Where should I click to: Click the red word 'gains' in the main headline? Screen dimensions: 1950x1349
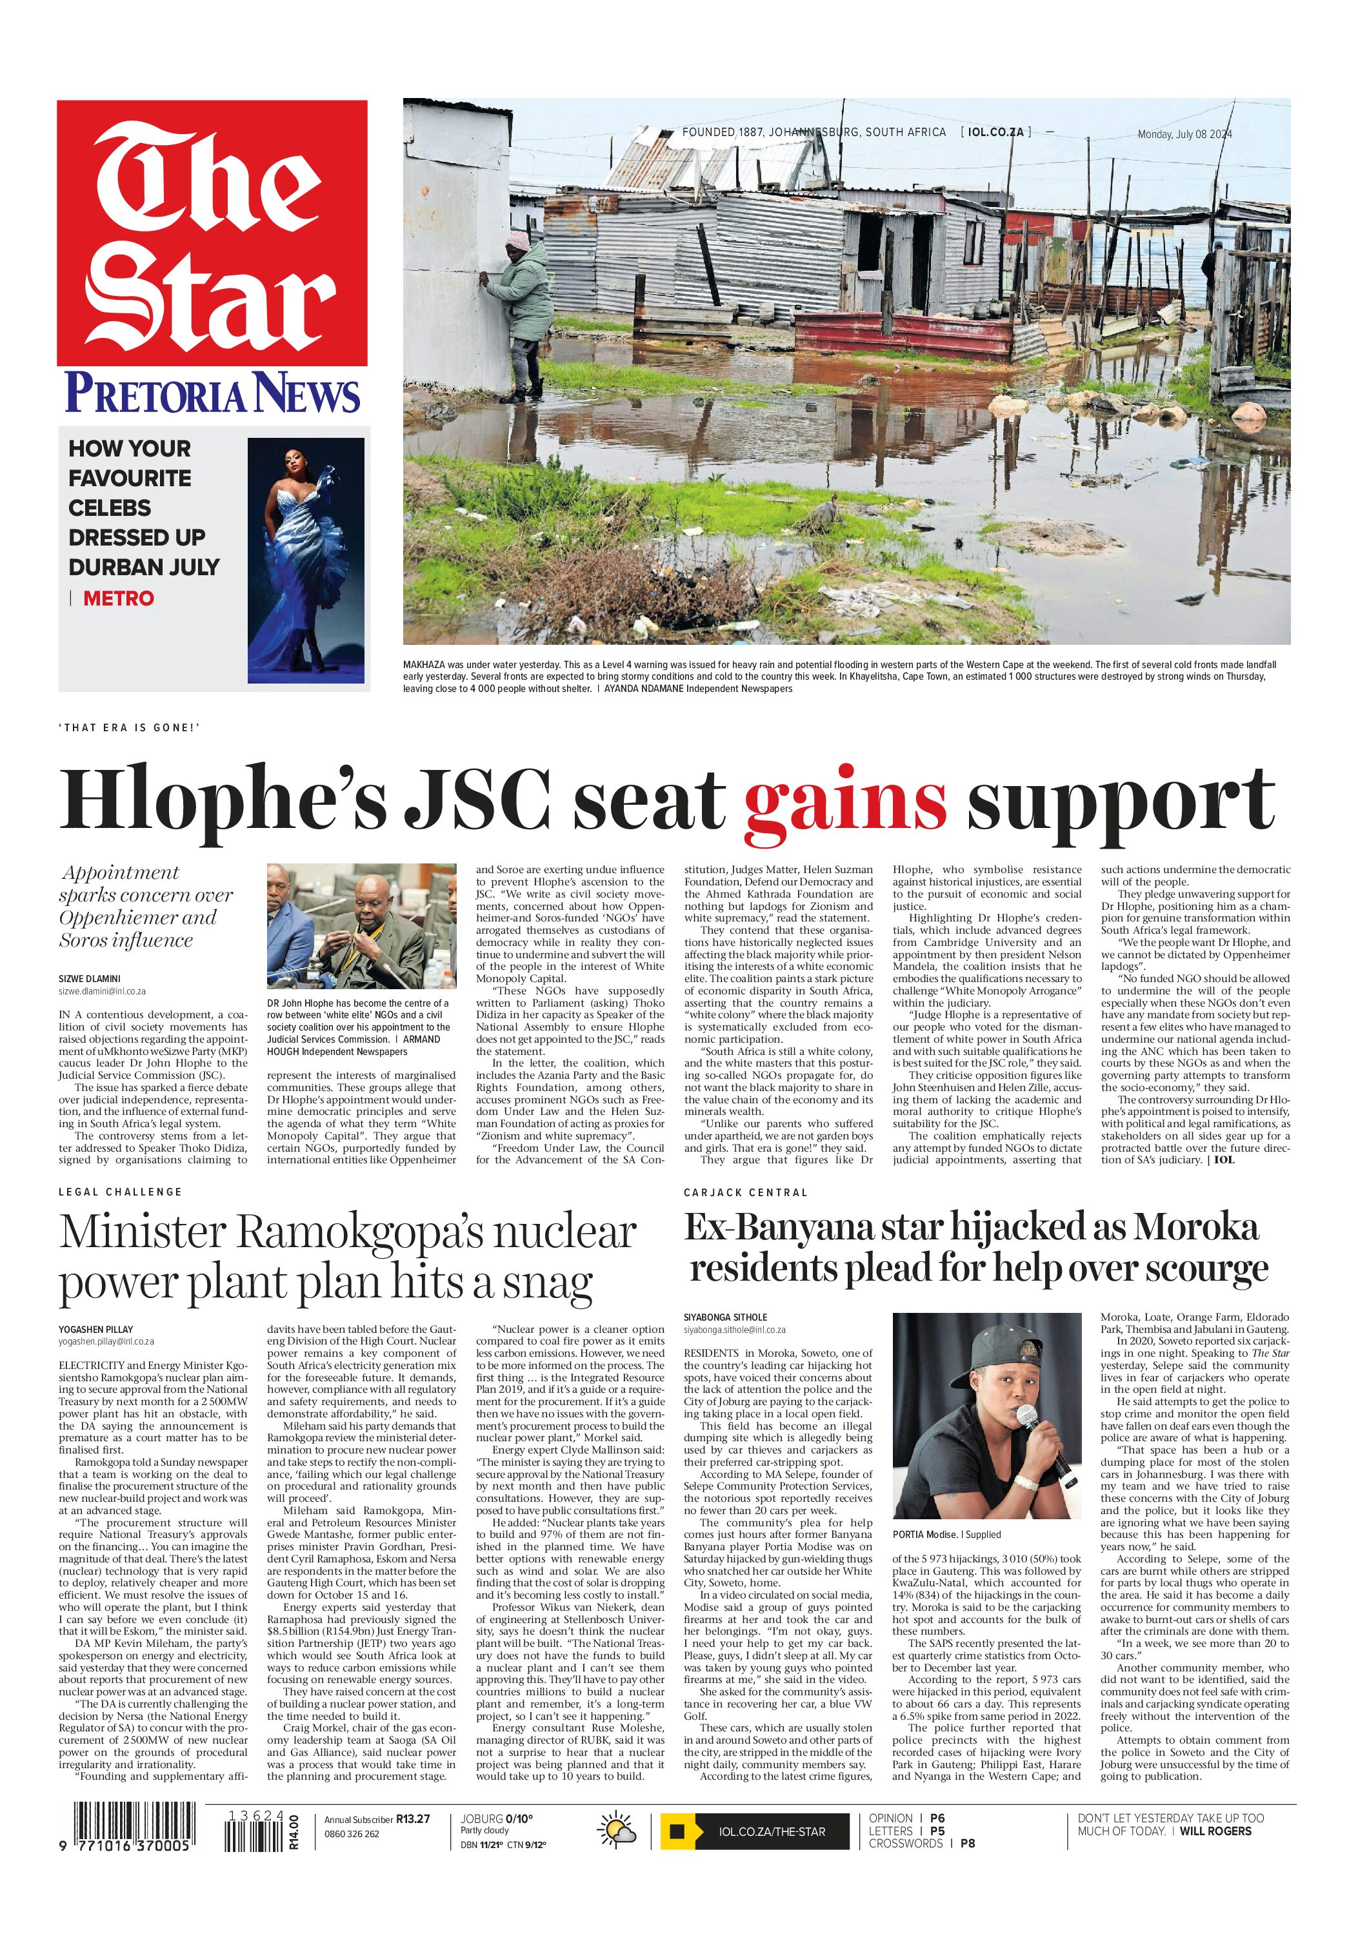(x=844, y=800)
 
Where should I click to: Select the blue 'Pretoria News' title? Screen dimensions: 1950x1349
(x=212, y=393)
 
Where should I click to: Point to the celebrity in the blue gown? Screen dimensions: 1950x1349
(x=305, y=558)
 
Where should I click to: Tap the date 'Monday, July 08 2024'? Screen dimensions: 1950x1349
(x=1184, y=134)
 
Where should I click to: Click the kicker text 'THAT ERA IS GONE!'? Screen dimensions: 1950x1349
(x=129, y=727)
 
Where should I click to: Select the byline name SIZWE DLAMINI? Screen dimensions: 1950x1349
(x=90, y=978)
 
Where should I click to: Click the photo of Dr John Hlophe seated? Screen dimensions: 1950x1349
(x=362, y=927)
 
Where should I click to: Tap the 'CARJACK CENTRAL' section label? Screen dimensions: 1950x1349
(x=746, y=1192)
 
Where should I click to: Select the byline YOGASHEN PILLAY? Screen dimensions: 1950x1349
(x=95, y=1329)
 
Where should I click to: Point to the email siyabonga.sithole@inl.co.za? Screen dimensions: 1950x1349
(x=735, y=1330)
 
